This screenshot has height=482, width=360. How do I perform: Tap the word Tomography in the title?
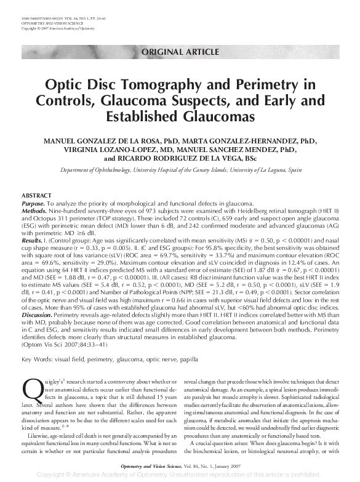169,84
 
